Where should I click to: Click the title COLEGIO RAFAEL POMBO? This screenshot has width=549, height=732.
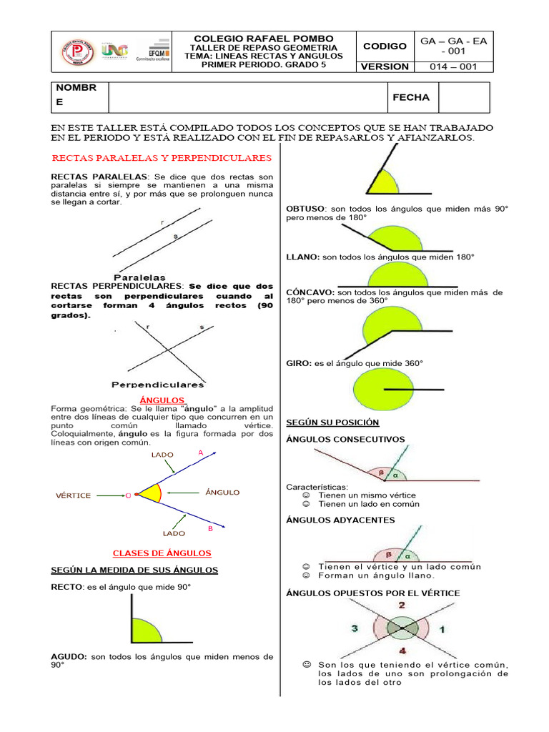(263, 38)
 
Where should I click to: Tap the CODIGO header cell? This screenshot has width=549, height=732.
(385, 46)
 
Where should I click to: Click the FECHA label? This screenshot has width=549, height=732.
(411, 97)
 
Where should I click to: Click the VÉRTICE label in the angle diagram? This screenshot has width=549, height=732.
(74, 495)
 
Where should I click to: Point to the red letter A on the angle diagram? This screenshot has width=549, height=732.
(201, 452)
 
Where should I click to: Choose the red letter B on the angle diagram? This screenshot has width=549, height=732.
(210, 529)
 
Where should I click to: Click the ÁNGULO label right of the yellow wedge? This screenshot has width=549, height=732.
(222, 493)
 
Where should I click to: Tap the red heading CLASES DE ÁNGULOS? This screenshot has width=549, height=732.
(162, 553)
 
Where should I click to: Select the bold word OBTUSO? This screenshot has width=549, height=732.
(305, 209)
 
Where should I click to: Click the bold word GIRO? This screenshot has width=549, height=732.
(298, 363)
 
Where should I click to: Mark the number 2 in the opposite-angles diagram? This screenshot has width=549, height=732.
(401, 605)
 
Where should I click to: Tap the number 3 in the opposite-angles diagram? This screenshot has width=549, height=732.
(355, 628)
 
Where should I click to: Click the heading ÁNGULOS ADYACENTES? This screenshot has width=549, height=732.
(340, 520)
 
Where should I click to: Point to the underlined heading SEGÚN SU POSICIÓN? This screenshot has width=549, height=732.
(332, 422)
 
